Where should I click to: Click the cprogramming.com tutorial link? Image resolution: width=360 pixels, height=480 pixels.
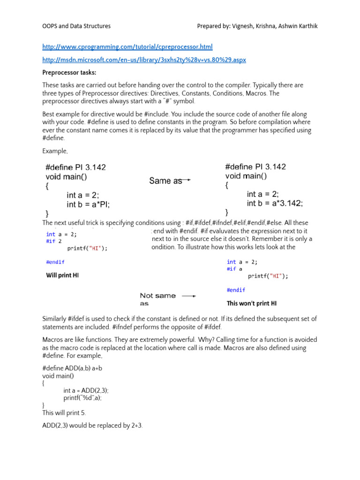click(x=127, y=47)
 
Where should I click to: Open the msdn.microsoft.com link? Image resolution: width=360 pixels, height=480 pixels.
click(x=144, y=60)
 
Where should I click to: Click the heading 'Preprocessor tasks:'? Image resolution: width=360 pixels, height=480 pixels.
click(x=70, y=73)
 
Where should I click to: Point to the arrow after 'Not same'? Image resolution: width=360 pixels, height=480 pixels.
click(x=188, y=296)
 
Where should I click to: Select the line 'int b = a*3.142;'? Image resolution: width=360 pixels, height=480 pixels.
click(x=275, y=203)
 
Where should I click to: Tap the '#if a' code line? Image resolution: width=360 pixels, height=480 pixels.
click(x=234, y=269)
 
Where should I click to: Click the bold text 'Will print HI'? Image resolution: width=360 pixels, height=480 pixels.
click(x=62, y=276)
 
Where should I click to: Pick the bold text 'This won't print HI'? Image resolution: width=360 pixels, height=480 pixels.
click(x=252, y=303)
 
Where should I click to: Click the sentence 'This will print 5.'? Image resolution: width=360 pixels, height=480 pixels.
click(x=64, y=413)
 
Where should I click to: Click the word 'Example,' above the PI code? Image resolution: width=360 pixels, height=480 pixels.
click(x=55, y=151)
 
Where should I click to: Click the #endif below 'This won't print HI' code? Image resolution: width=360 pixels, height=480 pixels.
click(x=236, y=290)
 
